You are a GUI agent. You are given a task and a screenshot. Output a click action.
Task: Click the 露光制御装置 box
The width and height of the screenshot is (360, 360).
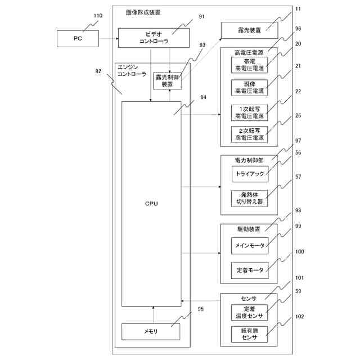click(x=163, y=80)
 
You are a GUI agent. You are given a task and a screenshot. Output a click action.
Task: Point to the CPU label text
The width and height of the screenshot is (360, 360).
click(x=151, y=202)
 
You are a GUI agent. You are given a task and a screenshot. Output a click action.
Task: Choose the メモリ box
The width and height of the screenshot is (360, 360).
click(x=151, y=332)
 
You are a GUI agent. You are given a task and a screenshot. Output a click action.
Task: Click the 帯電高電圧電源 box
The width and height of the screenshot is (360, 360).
click(x=249, y=64)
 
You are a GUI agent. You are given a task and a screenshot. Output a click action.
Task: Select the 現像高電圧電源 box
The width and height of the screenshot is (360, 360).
click(x=249, y=87)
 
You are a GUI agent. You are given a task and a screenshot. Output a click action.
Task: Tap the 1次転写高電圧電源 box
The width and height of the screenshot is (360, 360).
click(x=249, y=112)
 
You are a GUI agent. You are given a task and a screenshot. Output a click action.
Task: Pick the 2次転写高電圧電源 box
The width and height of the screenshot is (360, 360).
click(x=249, y=134)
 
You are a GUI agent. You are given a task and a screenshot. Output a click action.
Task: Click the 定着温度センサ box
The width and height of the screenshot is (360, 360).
click(x=249, y=312)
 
